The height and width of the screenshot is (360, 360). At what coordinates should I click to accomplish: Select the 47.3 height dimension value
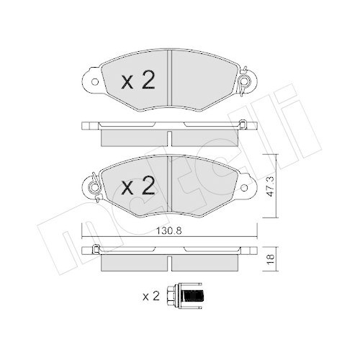271,191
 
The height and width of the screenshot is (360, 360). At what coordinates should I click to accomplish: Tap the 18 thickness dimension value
271,258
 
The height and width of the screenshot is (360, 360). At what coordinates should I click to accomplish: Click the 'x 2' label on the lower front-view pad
137,188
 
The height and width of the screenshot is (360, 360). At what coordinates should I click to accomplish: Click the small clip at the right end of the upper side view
244,127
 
